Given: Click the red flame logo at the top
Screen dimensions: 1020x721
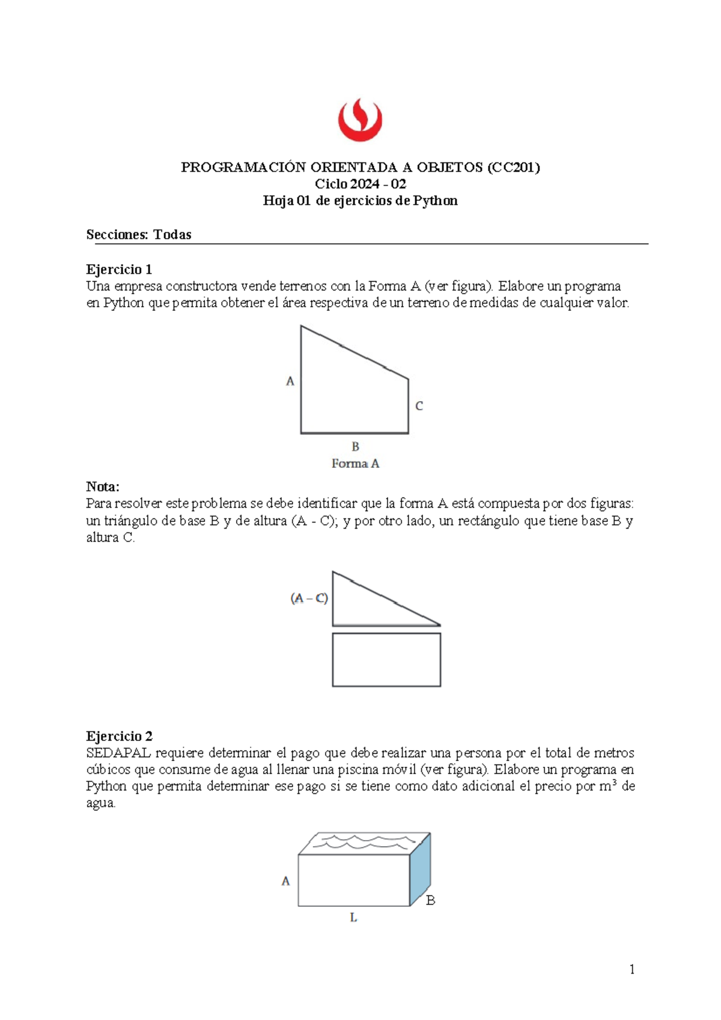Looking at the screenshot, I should pos(360,120).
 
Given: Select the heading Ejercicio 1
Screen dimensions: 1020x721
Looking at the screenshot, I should pos(119,269).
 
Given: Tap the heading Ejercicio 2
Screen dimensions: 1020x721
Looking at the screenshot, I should pos(119,736).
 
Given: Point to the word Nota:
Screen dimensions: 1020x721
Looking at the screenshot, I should pos(103,486).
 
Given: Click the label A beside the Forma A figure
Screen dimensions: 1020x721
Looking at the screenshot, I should pos(290,381).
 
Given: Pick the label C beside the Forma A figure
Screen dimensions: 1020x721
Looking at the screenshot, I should pos(419,406).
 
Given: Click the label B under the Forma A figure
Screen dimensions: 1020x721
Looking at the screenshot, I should pos(355,447).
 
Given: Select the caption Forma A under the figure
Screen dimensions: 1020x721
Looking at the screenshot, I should pos(355,464).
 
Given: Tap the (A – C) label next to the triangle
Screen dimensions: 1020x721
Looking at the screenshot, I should pos(309,598).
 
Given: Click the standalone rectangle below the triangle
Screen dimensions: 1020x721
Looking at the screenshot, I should pos(386,659).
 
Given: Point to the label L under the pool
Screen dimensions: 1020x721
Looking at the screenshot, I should pos(353,918).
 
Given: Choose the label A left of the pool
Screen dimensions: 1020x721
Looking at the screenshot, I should pos(286,881).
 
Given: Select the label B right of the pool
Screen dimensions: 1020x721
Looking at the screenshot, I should pos(430,900).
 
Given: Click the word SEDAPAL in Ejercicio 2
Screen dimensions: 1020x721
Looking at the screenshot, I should pos(118,752).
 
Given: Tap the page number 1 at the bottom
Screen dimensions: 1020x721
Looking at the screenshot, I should pos(631,969).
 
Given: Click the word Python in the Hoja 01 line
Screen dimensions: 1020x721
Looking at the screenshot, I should pos(435,201).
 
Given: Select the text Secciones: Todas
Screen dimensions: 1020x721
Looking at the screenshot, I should pos(139,235).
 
